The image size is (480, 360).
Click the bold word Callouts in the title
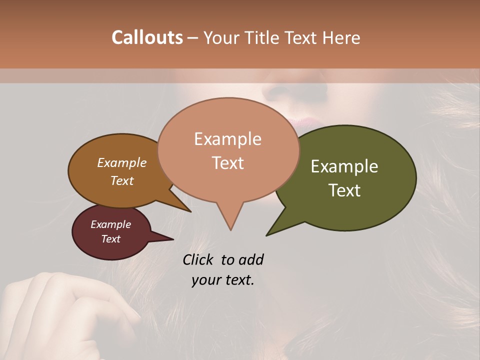pos(147,37)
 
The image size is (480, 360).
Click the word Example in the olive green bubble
pos(344,166)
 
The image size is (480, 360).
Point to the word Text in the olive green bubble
pos(344,190)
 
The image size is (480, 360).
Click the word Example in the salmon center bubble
pos(227,139)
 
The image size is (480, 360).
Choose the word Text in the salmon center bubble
pos(227,163)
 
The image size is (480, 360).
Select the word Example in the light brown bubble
pos(121,163)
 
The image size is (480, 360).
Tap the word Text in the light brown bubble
pos(121,180)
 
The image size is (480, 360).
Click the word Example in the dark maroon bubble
pos(110,224)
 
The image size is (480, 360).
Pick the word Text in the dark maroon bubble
pos(110,239)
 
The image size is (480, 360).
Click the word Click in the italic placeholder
pos(199,260)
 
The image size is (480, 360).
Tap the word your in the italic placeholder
pos(205,280)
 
